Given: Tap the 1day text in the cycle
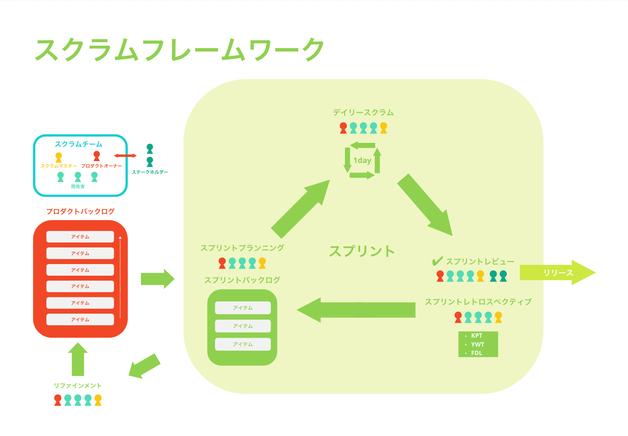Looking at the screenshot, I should pos(362,160).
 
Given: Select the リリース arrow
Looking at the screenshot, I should pos(557,273).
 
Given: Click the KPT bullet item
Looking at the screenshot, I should pos(477,336).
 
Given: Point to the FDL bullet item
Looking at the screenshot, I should pos(477,353).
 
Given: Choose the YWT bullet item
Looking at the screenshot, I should pos(477,344).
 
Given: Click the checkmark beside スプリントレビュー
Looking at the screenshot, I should pos(437,261).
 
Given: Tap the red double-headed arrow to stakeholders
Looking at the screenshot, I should pos(125,156).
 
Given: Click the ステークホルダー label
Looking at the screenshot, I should pos(150,172).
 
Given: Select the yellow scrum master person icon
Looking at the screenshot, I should pos(58,157).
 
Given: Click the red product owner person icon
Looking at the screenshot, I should pos(97,156).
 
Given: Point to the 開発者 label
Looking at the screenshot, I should pos(78,187).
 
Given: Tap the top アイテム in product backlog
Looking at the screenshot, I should pos(80,237).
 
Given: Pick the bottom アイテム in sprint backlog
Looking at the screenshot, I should pos(243,344).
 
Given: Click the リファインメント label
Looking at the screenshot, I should pos(78,386).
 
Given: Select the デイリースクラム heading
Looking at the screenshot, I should pos(363,113).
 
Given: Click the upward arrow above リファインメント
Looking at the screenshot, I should pos(78,359).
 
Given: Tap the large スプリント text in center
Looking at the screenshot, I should pos(362,251).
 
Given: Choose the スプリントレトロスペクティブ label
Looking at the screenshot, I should pos(478,302).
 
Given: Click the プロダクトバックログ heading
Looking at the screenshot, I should pos(81,211).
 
